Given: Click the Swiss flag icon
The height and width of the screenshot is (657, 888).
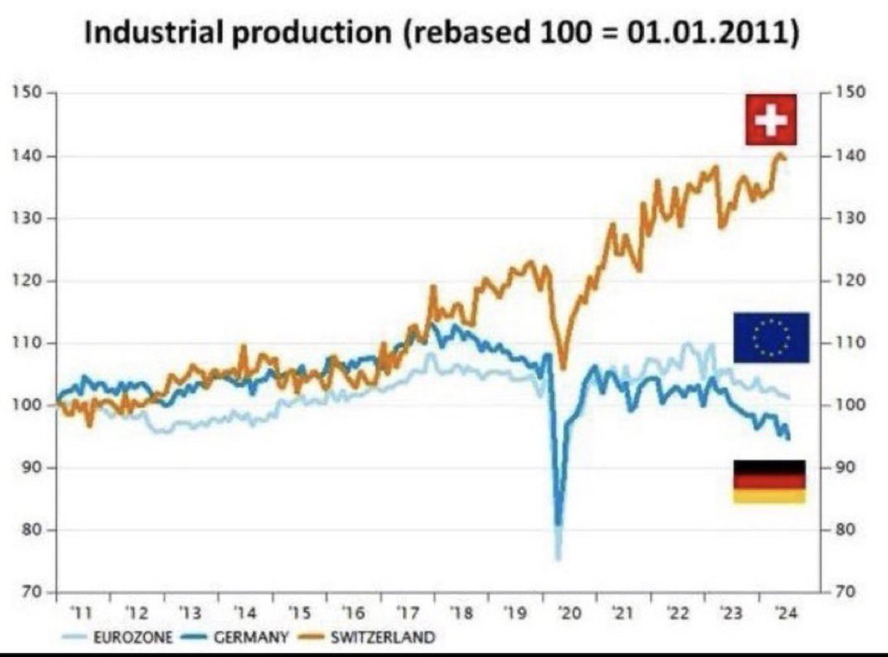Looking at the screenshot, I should [x=770, y=119].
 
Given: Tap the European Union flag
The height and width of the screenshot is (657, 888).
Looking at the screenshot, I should [x=770, y=337].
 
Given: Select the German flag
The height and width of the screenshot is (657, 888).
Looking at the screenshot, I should [x=769, y=481].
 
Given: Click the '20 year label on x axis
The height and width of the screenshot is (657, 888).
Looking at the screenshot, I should [x=569, y=614].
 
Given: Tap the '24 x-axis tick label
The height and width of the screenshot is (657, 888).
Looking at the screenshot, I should [x=784, y=614].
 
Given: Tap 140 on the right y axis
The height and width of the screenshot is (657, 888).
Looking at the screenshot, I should [x=852, y=156].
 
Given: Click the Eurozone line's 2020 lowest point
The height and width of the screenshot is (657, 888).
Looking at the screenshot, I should [x=557, y=558].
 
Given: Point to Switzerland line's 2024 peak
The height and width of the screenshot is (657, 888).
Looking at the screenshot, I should [x=779, y=154].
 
